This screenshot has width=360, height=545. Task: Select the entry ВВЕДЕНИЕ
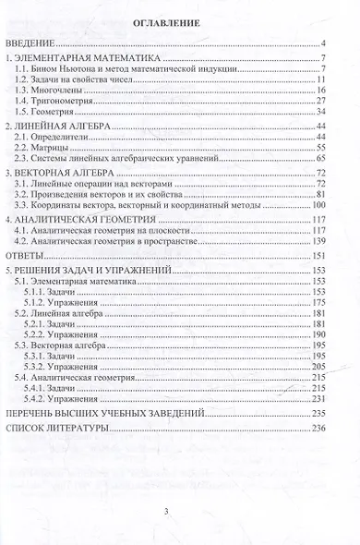(x=30, y=44)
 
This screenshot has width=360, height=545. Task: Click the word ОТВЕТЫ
(x=26, y=254)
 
